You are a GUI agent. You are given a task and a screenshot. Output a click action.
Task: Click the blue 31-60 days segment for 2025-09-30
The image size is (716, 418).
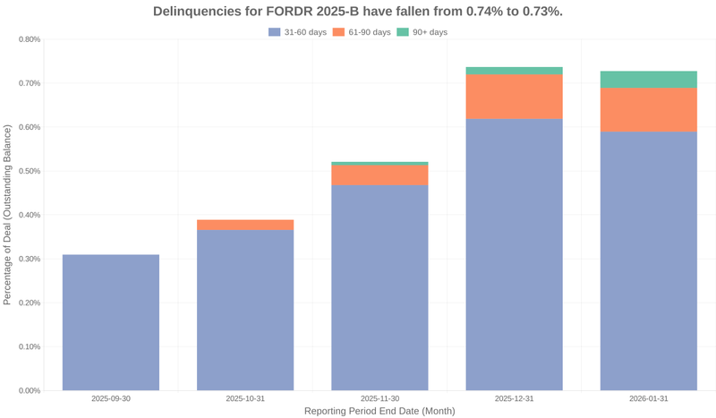(111, 322)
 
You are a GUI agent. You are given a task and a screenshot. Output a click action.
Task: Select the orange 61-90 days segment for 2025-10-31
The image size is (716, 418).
(245, 225)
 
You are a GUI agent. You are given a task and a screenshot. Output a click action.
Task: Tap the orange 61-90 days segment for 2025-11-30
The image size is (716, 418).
(379, 175)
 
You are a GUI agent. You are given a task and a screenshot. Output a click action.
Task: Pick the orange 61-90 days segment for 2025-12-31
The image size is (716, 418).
(514, 97)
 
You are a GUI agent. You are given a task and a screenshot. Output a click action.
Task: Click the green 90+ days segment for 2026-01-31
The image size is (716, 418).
(648, 79)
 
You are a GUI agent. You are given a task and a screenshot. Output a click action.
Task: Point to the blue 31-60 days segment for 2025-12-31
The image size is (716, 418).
(514, 254)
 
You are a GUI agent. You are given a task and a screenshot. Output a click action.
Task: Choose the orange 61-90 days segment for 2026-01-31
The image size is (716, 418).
(648, 109)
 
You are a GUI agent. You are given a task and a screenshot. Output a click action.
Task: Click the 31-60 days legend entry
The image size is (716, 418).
(297, 32)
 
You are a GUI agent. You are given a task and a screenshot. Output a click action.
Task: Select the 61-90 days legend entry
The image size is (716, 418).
(362, 32)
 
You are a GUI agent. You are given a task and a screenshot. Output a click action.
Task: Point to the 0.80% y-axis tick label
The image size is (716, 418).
(29, 39)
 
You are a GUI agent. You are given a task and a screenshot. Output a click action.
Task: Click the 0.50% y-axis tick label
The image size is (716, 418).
(29, 171)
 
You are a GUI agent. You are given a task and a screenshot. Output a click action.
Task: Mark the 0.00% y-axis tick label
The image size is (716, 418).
(29, 390)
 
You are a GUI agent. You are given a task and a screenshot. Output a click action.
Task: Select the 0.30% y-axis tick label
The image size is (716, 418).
(29, 259)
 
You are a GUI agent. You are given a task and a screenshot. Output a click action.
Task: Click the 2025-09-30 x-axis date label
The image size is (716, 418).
(111, 398)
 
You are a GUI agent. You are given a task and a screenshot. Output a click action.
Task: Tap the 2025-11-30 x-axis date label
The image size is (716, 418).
(379, 398)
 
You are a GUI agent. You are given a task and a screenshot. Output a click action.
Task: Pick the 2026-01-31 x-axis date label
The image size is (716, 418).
(648, 398)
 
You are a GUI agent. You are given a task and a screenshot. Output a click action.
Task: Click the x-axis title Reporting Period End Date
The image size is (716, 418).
(379, 411)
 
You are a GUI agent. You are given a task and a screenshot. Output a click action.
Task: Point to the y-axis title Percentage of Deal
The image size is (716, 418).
(8, 215)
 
